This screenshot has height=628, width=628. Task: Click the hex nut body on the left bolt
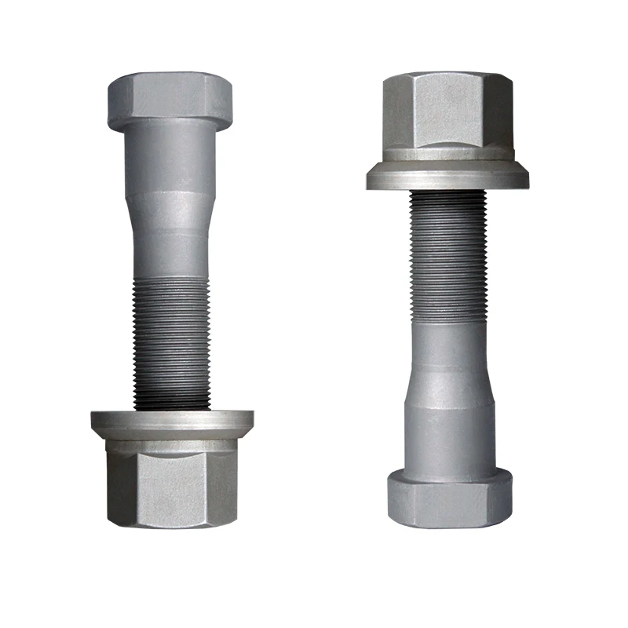coord(171,483)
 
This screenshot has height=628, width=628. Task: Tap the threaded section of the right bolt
coord(447,251)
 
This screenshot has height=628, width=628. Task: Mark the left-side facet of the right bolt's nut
coord(396,114)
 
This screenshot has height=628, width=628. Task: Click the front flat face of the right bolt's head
coord(447,502)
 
